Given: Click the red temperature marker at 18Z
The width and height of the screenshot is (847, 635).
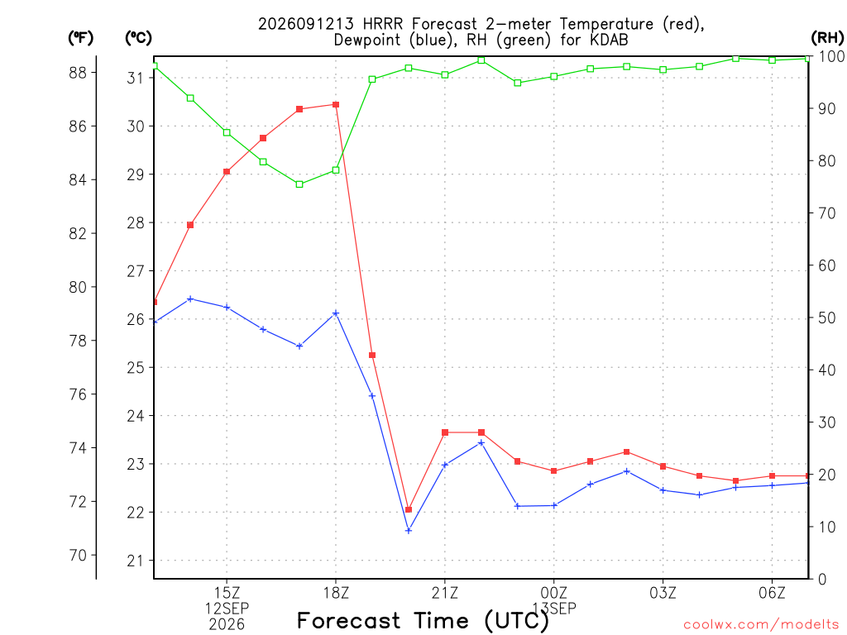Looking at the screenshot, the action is coord(336,105).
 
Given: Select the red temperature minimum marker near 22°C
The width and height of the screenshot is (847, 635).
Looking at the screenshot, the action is coord(409,509).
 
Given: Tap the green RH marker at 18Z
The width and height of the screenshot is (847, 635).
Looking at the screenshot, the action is coord(336,170).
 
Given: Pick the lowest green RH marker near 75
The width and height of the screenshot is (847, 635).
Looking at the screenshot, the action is coord(299,184).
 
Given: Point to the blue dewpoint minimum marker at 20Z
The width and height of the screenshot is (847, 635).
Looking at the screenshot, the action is coord(409,531).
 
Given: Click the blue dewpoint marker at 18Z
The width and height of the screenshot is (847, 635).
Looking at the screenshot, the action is coord(336,313).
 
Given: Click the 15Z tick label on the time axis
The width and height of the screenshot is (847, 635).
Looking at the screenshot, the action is coord(227,593).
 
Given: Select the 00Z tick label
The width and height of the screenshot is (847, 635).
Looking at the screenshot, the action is coord(553,593).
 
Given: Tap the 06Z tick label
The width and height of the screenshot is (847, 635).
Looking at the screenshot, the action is coord(772,593).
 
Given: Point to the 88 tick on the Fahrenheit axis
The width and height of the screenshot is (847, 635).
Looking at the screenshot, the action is coord(78,73).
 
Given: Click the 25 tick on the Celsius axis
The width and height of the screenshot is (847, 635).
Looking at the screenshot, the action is coord(136,368).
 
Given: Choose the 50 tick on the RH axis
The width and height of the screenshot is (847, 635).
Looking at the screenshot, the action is coord(824,318).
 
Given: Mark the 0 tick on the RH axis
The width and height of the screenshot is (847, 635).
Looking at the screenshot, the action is coord(822,580).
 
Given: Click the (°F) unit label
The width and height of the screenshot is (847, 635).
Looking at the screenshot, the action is coord(80,38).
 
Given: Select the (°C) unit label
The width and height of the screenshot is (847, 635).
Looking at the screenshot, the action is coord(138,38).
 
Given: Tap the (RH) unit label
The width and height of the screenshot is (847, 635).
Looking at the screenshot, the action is coord(827,38).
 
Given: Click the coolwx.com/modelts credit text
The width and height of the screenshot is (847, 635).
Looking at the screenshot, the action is coord(761,625).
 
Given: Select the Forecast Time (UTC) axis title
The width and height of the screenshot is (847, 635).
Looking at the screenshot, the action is coord(423,621).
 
